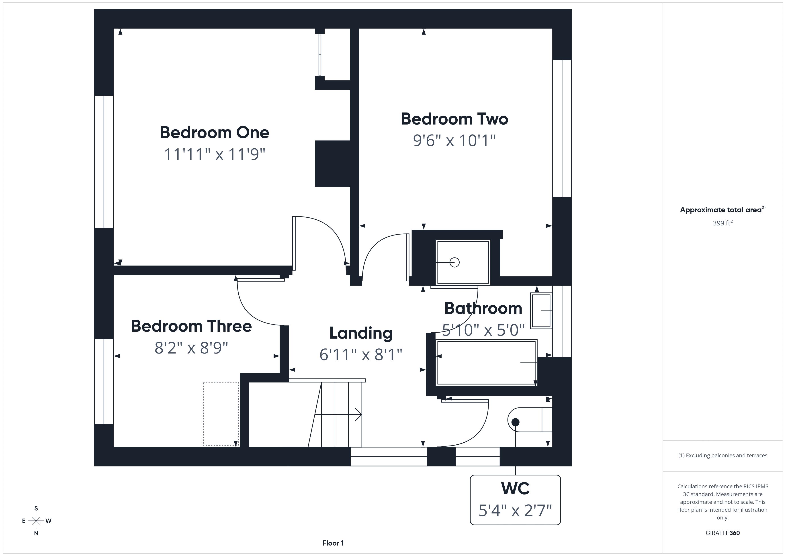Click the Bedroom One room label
(x=214, y=133)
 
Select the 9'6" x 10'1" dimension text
(x=454, y=140)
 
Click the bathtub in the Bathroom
(x=486, y=363)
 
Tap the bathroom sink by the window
(x=541, y=311)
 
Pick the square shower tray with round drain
(x=463, y=262)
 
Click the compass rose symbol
(x=36, y=521)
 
